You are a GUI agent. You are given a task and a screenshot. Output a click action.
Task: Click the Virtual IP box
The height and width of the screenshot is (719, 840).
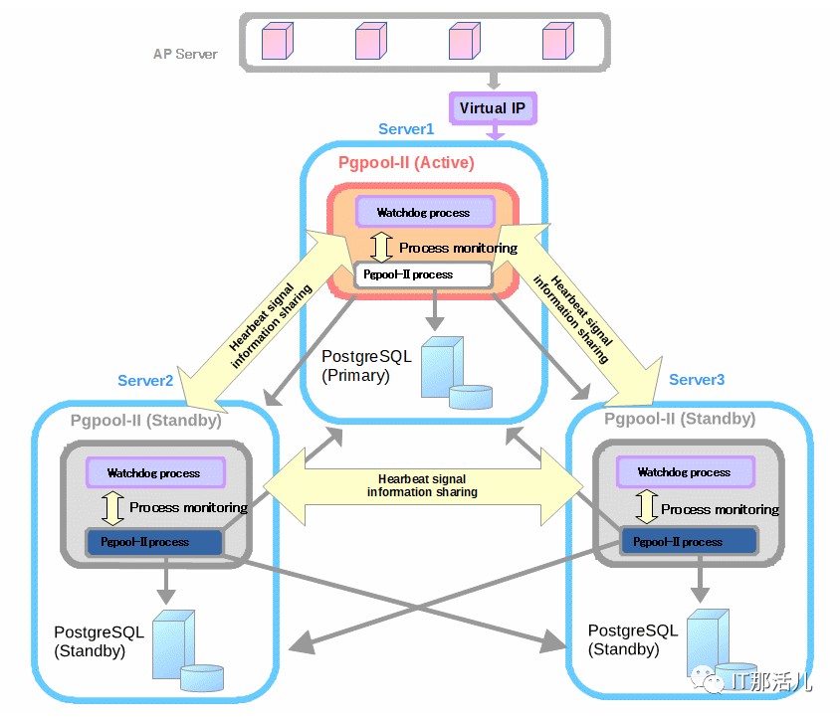(x=493, y=108)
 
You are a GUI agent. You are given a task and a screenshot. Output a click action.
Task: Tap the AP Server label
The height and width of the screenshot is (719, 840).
(x=185, y=54)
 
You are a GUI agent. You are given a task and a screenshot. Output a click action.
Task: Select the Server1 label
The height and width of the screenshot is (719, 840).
(x=406, y=129)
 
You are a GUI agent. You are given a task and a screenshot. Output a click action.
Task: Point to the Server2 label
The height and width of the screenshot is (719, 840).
(x=145, y=381)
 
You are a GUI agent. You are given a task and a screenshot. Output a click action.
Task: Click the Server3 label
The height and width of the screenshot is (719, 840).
(x=697, y=380)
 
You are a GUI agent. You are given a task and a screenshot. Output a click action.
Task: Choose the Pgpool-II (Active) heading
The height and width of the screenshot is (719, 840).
(x=406, y=163)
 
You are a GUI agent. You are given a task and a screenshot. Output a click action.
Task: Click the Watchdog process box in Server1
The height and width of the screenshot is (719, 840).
(x=425, y=212)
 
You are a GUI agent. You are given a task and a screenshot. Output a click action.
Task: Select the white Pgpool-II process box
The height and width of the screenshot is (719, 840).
(x=423, y=274)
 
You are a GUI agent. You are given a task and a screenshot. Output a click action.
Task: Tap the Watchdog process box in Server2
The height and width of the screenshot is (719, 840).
(x=155, y=472)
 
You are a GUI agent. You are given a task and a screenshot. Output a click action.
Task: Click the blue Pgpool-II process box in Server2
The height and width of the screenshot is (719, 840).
(x=153, y=542)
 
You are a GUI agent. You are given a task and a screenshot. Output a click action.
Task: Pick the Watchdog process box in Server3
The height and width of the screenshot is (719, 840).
(x=686, y=471)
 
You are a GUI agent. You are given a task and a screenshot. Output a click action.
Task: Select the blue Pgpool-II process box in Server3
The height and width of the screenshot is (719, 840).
(x=689, y=541)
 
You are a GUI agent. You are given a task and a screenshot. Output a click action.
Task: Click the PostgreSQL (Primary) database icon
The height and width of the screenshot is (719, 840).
(x=456, y=374)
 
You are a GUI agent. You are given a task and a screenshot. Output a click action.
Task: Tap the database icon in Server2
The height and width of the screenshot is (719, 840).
(x=187, y=650)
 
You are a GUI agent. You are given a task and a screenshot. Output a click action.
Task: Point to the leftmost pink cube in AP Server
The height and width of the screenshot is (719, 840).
(x=278, y=41)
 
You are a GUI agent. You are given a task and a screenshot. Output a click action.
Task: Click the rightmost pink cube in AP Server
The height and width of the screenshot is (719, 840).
(x=558, y=41)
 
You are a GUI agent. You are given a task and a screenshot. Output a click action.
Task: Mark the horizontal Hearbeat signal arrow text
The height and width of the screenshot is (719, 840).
(x=422, y=485)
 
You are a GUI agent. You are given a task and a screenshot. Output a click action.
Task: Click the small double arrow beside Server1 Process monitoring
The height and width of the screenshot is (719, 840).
(x=381, y=247)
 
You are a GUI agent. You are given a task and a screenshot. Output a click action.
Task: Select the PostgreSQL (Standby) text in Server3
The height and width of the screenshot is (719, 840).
(x=633, y=639)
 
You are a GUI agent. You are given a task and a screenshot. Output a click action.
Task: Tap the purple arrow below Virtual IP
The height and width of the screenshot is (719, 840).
(x=495, y=131)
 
